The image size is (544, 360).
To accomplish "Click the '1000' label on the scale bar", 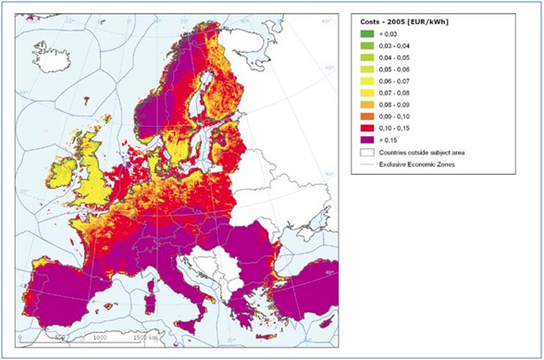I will (x=101, y=338).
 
